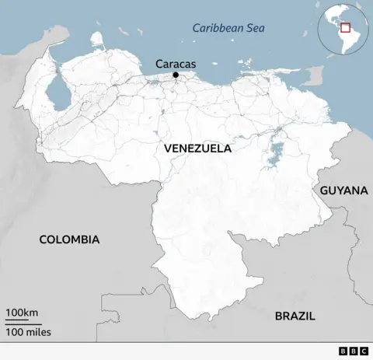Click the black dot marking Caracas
tap(176, 75)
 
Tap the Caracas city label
tap(175, 63)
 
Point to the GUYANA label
tap(343, 190)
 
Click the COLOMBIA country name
tap(69, 239)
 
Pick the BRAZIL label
tap(295, 316)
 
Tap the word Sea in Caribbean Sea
tap(256, 29)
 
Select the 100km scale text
tap(23, 313)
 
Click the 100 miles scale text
tap(28, 333)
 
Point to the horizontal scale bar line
tap(23, 323)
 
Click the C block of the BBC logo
tap(364, 351)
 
